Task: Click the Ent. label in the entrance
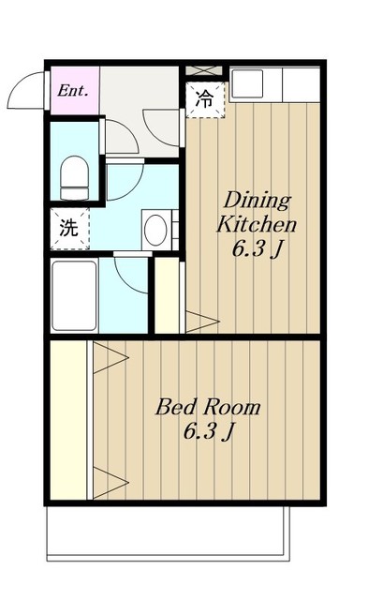(x=73, y=91)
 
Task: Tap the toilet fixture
(x=75, y=177)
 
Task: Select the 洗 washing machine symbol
(x=69, y=229)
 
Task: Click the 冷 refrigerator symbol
(x=205, y=99)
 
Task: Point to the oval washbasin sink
(x=155, y=230)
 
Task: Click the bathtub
(x=74, y=295)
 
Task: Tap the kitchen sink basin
(x=247, y=83)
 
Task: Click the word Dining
(x=258, y=201)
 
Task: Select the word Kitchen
(x=257, y=224)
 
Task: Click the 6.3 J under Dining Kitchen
(x=257, y=249)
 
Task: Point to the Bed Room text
(x=208, y=407)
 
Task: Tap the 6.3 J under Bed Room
(x=208, y=432)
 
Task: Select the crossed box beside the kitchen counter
(x=204, y=71)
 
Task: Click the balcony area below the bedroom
(x=169, y=533)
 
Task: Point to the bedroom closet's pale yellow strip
(x=68, y=420)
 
